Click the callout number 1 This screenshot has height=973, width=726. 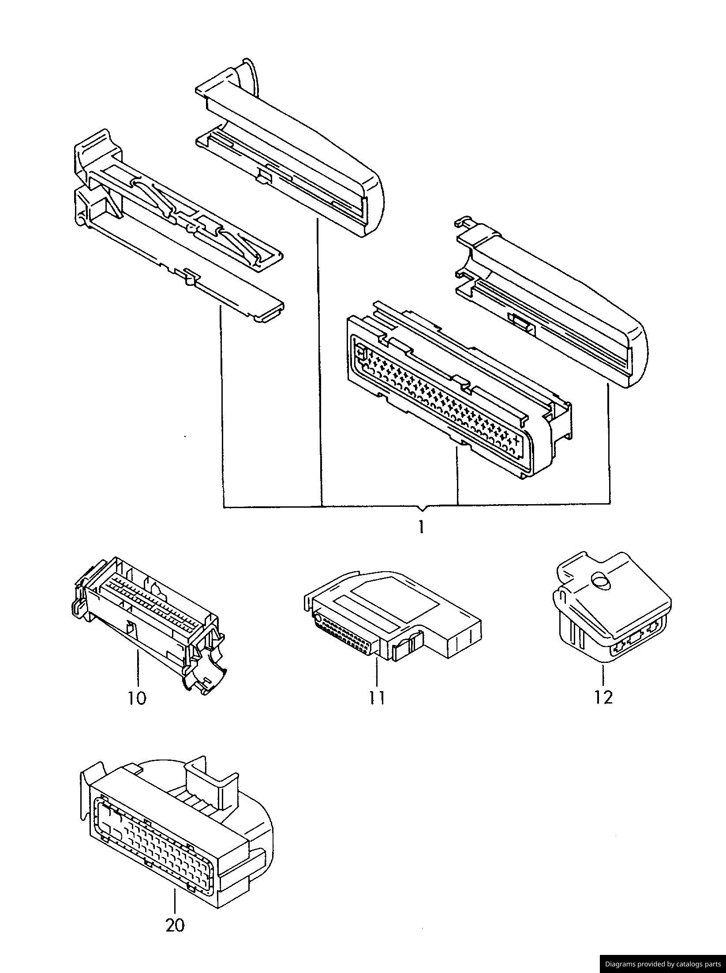[421, 527]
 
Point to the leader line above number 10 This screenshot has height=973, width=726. [138, 668]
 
